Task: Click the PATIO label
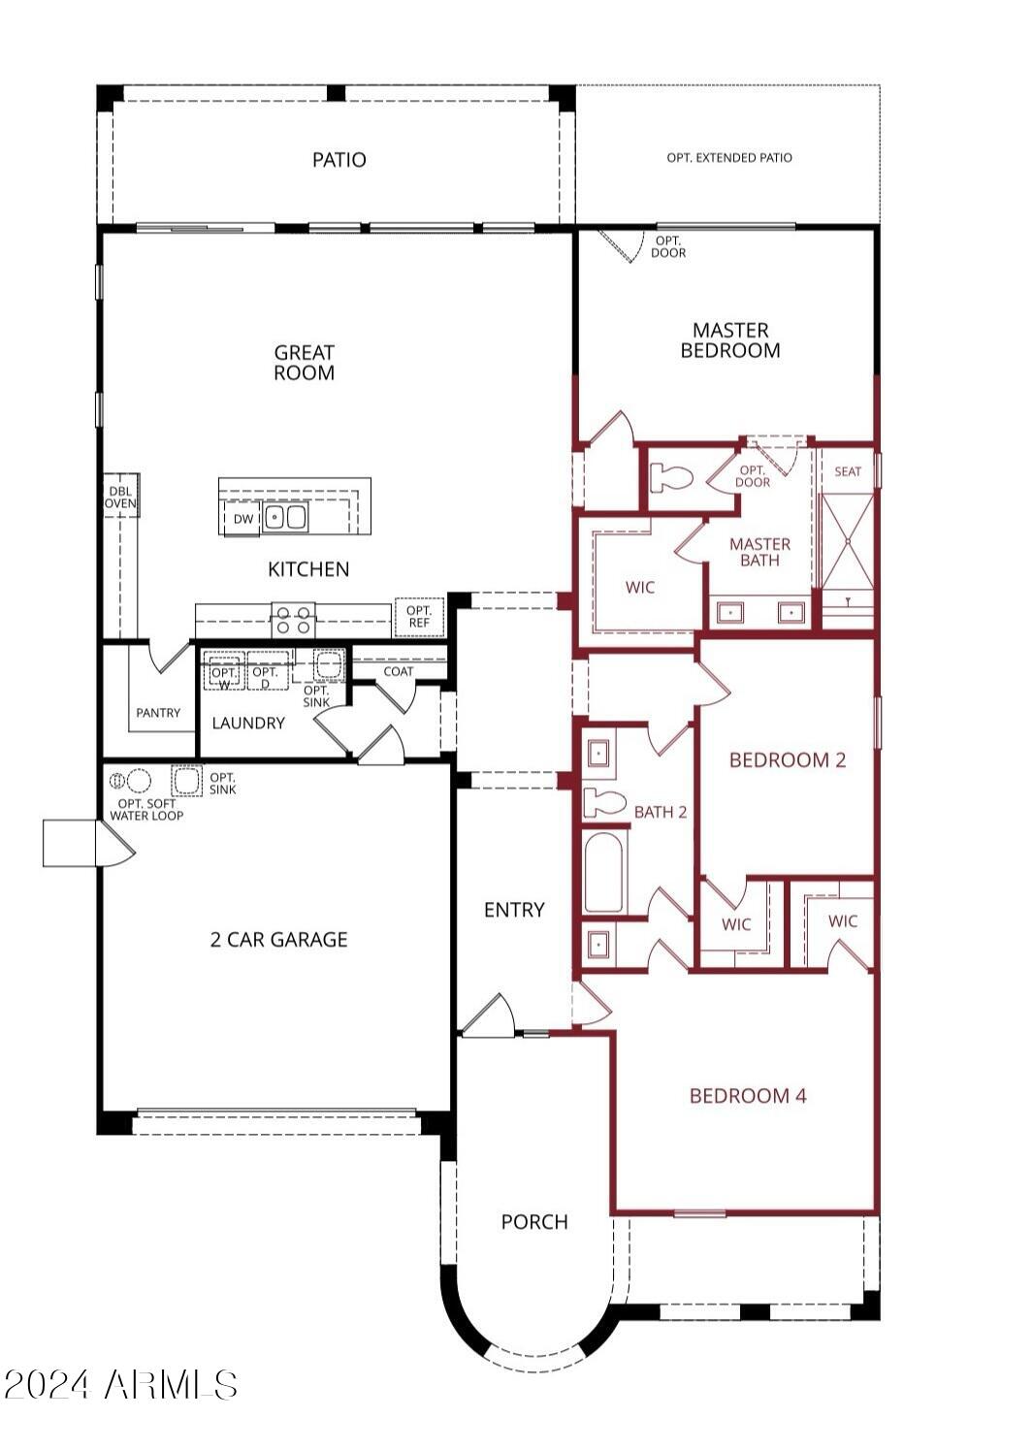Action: click(x=339, y=160)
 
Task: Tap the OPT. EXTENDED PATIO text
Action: click(x=728, y=157)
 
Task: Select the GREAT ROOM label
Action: click(x=304, y=363)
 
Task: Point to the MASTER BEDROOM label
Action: click(x=729, y=340)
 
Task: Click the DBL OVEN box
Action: click(x=121, y=497)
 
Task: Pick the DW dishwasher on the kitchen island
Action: click(x=243, y=519)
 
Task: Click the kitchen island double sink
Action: click(x=286, y=518)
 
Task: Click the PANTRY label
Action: click(x=158, y=713)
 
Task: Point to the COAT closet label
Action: click(x=398, y=671)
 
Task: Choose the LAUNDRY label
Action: click(x=248, y=724)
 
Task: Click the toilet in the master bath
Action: click(x=671, y=477)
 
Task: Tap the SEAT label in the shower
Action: click(x=847, y=471)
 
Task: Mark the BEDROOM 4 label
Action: click(x=748, y=1096)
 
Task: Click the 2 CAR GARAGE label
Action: click(x=278, y=939)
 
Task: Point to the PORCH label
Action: click(x=534, y=1222)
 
